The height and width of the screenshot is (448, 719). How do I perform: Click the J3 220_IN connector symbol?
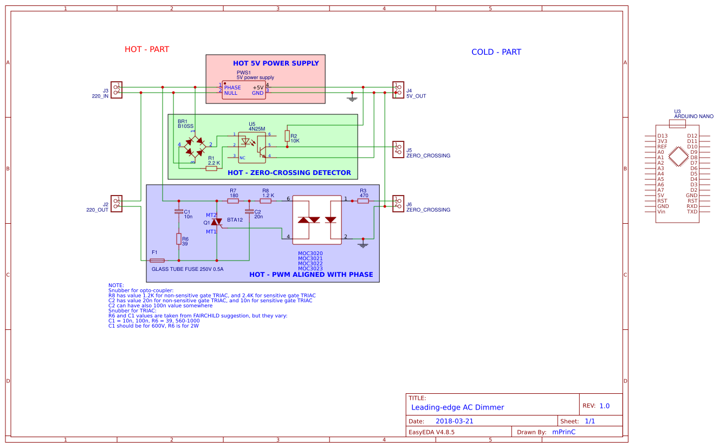tap(116, 89)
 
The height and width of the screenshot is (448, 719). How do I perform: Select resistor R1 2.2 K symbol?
tap(211, 168)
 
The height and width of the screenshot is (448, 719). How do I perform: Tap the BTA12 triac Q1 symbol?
tap(217, 223)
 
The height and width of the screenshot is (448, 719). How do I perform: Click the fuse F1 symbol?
tap(157, 261)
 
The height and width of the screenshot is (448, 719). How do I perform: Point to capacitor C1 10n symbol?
tap(178, 212)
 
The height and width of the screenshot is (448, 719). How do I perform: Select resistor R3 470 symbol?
tap(363, 201)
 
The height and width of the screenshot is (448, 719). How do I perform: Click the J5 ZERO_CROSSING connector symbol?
tap(398, 149)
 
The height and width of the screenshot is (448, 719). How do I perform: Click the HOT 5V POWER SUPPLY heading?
tap(276, 63)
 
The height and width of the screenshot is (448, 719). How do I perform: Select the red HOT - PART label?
tap(147, 49)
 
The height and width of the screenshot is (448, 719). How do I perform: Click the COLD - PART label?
tap(496, 52)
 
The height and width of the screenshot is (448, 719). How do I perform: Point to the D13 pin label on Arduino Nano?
tap(662, 136)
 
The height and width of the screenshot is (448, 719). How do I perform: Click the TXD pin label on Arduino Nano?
tap(692, 212)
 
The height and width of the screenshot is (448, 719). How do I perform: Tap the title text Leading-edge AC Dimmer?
tap(457, 407)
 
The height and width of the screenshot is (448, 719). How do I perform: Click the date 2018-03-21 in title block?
tap(455, 421)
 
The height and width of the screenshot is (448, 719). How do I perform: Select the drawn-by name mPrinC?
tap(563, 432)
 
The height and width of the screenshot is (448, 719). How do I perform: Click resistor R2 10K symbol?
tap(287, 139)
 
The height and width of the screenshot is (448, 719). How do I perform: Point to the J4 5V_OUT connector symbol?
tap(398, 89)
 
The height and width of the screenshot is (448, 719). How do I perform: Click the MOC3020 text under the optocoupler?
tap(310, 254)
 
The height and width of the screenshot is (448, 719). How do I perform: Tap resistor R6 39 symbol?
tap(178, 239)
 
